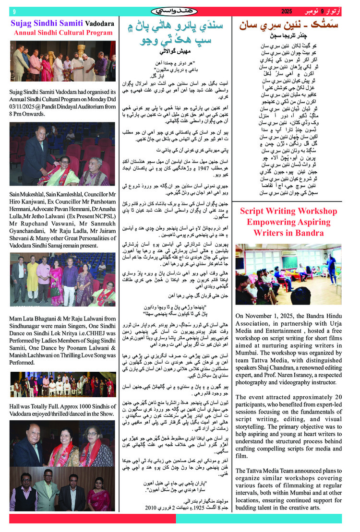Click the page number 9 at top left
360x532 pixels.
(x=14, y=12)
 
